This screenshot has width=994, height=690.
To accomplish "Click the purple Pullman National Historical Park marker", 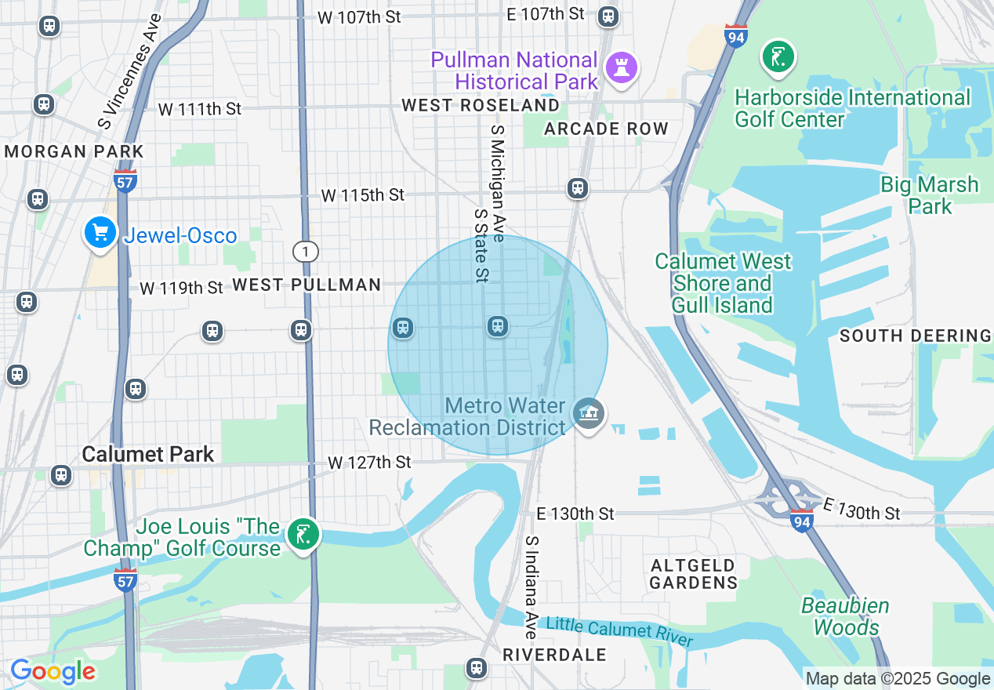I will coord(622,68).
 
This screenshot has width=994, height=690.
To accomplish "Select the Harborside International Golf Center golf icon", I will coord(778,57).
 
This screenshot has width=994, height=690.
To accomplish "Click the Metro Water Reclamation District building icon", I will coord(588,412).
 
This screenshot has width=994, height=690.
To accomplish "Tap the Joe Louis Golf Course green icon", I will coord(303,536).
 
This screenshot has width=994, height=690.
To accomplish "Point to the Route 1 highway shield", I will coord(306,252).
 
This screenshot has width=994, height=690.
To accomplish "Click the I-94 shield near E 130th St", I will coord(801,520).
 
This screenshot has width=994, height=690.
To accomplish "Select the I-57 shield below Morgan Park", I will coord(125,180).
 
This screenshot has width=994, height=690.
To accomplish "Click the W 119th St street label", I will coord(182,288).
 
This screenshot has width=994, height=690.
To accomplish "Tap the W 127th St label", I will coord(369,463).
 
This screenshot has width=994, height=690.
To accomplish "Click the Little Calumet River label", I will coord(619,632).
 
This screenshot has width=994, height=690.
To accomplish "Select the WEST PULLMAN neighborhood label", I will coord(307,285).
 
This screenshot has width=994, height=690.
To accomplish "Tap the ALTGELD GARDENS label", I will coord(694,574).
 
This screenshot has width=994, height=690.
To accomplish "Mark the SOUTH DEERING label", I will coord(915,336).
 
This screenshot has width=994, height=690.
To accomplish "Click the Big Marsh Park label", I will coord(929,195).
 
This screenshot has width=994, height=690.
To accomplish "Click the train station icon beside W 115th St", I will coord(578,188).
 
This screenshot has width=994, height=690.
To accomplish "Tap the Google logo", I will coord(53,672).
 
